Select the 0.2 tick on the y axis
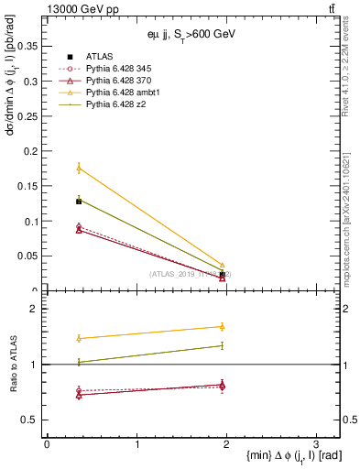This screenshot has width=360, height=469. tap(33, 151)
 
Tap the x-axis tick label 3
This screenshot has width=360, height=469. tap(315, 443)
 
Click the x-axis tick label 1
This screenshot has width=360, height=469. tap(136, 443)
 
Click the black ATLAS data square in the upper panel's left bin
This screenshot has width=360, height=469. tap(79, 201)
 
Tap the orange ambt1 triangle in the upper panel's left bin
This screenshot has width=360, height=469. tap(79, 168)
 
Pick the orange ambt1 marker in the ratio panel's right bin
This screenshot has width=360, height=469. tap(223, 326)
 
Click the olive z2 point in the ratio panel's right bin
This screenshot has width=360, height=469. tap(223, 345)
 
